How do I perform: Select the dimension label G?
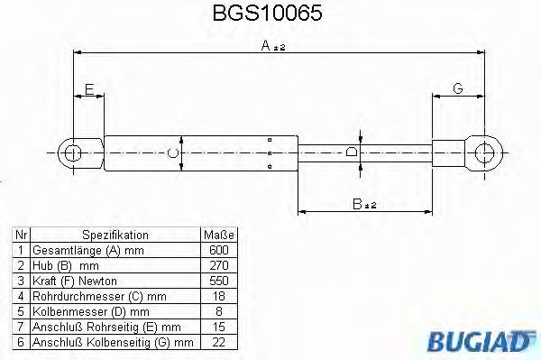(457, 88)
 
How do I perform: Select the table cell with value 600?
(220, 250)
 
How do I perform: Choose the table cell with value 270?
(220, 265)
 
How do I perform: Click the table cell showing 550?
(220, 281)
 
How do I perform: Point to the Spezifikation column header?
(115, 235)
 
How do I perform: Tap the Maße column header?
(220, 235)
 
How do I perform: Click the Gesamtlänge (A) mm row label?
(87, 250)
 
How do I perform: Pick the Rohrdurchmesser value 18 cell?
(220, 296)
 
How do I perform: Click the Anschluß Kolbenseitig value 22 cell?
(220, 342)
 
